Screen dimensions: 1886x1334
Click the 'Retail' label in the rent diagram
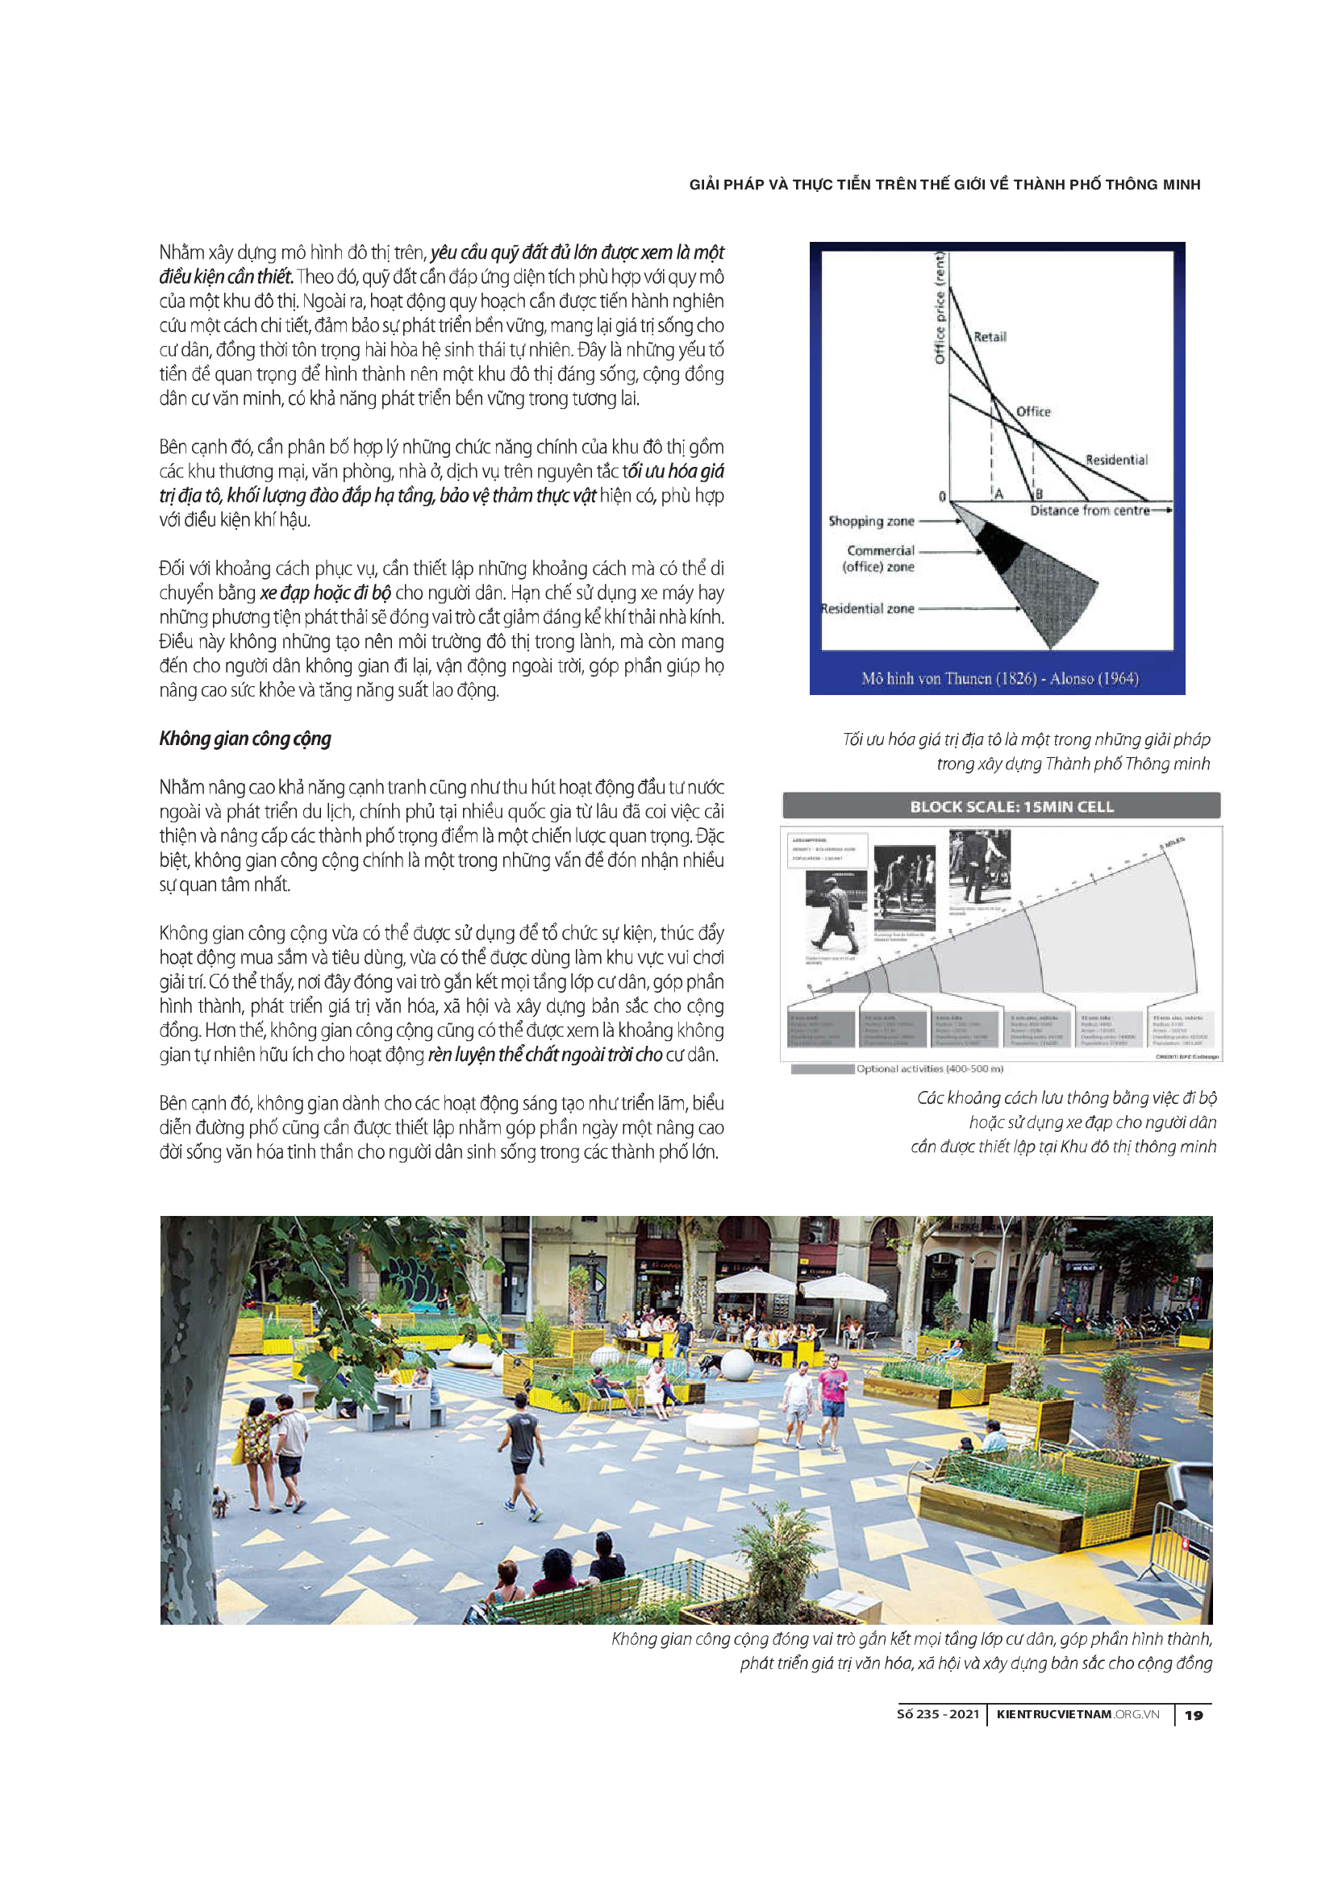click(x=989, y=337)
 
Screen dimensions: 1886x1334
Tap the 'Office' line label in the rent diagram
click(x=1032, y=411)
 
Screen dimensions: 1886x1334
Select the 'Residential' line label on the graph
click(x=1115, y=460)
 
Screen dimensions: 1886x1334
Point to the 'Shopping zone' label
click(x=871, y=521)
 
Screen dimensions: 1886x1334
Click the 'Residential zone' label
click(x=868, y=609)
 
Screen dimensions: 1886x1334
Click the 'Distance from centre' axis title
click(x=1090, y=511)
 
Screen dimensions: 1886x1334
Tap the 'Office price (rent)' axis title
click(x=940, y=308)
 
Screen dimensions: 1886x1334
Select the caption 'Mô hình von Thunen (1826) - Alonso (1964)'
click(x=998, y=678)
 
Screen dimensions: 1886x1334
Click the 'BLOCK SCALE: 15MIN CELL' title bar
click(x=1011, y=806)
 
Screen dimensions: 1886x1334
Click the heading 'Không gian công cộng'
click(x=245, y=739)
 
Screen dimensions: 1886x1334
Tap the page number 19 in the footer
click(x=1194, y=1715)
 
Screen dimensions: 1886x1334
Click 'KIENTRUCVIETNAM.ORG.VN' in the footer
click(x=1077, y=1714)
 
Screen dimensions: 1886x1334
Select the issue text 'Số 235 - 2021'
click(x=938, y=1714)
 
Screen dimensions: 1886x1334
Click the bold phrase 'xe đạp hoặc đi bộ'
click(x=325, y=593)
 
